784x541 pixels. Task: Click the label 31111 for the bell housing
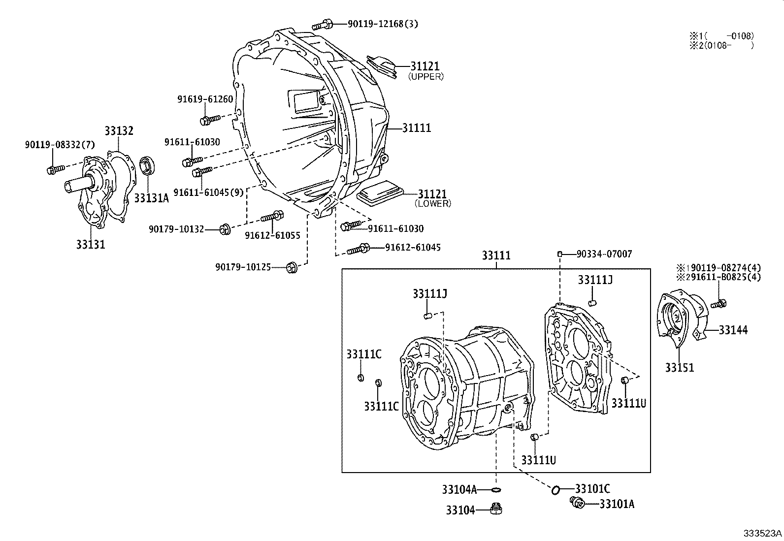click(416, 127)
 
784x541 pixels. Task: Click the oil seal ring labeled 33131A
click(147, 166)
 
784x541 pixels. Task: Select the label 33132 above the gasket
click(119, 131)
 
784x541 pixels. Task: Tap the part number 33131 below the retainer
click(91, 244)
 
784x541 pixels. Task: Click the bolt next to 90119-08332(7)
click(55, 169)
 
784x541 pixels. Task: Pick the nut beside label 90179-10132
click(225, 229)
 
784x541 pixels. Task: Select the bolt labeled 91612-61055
click(272, 216)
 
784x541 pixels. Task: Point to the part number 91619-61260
click(205, 99)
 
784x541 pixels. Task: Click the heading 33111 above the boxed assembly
click(496, 255)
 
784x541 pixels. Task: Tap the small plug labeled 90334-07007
click(560, 254)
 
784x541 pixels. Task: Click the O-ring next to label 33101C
click(555, 489)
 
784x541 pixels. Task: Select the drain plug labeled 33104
click(496, 509)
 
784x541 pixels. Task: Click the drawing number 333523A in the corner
click(762, 533)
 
